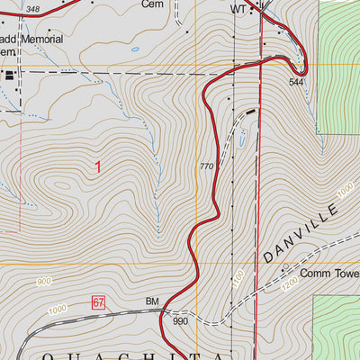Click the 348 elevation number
coord(33,8)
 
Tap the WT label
coord(238,8)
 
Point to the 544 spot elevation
coord(296,82)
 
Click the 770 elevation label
coord(206,166)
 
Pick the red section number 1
coord(97,166)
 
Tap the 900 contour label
coord(44,283)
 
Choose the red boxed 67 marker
coord(98,303)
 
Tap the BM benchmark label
coord(151,303)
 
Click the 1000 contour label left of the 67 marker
coord(58,310)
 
